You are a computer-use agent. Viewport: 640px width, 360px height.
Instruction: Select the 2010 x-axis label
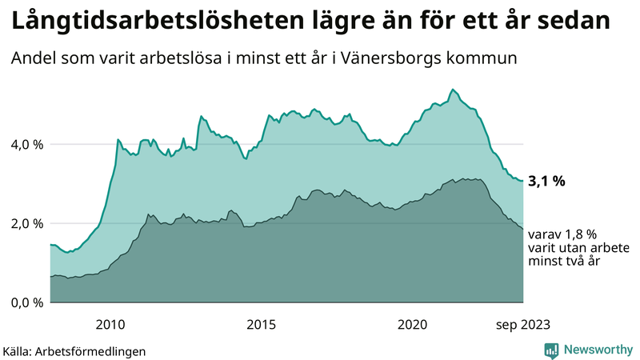pyautogui.click(x=110, y=324)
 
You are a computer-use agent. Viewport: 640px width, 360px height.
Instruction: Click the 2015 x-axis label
pyautogui.click(x=262, y=324)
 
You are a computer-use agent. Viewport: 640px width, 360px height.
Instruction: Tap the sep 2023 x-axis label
pyautogui.click(x=523, y=324)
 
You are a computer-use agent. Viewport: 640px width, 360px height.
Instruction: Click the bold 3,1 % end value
pyautogui.click(x=548, y=182)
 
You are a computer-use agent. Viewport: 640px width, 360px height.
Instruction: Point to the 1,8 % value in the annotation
pyautogui.click(x=578, y=234)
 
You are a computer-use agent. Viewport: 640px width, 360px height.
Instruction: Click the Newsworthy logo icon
pyautogui.click(x=551, y=350)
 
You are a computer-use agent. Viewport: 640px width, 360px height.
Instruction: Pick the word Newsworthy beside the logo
pyautogui.click(x=598, y=350)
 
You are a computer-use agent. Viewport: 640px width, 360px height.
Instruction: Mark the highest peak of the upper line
pyautogui.click(x=453, y=89)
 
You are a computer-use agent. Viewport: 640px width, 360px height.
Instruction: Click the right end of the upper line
pyautogui.click(x=523, y=181)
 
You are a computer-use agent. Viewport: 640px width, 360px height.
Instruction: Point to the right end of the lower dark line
pyautogui.click(x=523, y=230)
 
